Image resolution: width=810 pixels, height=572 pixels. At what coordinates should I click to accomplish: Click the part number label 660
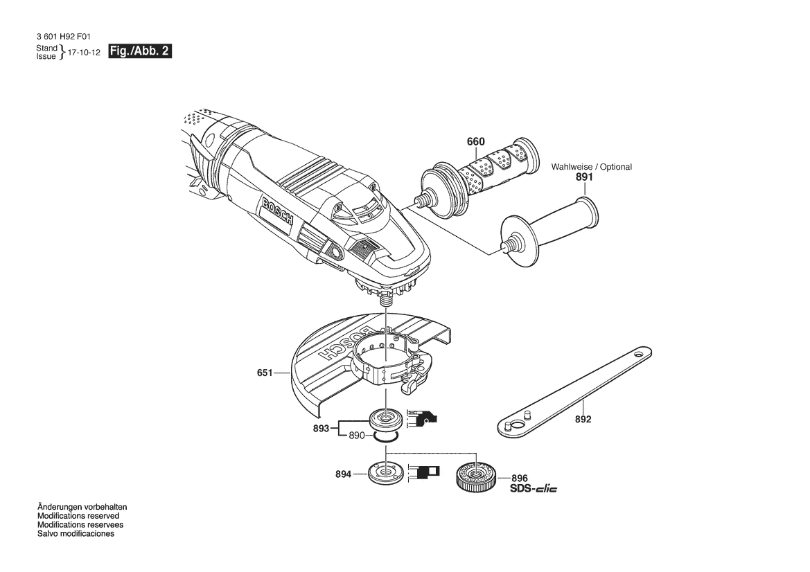[x=476, y=141]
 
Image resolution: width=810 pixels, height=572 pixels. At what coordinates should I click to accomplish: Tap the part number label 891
[x=584, y=177]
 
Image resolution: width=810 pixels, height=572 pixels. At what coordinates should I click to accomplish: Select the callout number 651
[x=265, y=372]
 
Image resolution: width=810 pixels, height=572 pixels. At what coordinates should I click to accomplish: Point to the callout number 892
[x=583, y=420]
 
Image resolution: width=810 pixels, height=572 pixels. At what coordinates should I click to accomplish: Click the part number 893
[x=321, y=429]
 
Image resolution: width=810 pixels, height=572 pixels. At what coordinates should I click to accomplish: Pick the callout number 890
[x=357, y=436]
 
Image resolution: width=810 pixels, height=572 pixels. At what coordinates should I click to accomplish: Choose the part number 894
[x=343, y=474]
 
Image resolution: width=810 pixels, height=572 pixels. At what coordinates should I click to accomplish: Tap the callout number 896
[x=520, y=478]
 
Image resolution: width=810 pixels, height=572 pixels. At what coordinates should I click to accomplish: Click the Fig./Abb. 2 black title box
[x=140, y=51]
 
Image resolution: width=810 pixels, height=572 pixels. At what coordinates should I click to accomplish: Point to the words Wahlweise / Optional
[x=592, y=167]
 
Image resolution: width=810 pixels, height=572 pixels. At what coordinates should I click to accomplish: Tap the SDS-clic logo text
[x=534, y=488]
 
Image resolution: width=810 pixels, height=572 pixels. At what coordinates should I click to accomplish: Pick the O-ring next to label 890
[x=386, y=437]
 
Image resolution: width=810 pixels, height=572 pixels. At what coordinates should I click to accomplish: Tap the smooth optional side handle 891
[x=549, y=231]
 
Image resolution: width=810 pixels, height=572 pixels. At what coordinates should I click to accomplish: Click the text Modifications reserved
[x=78, y=516]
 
